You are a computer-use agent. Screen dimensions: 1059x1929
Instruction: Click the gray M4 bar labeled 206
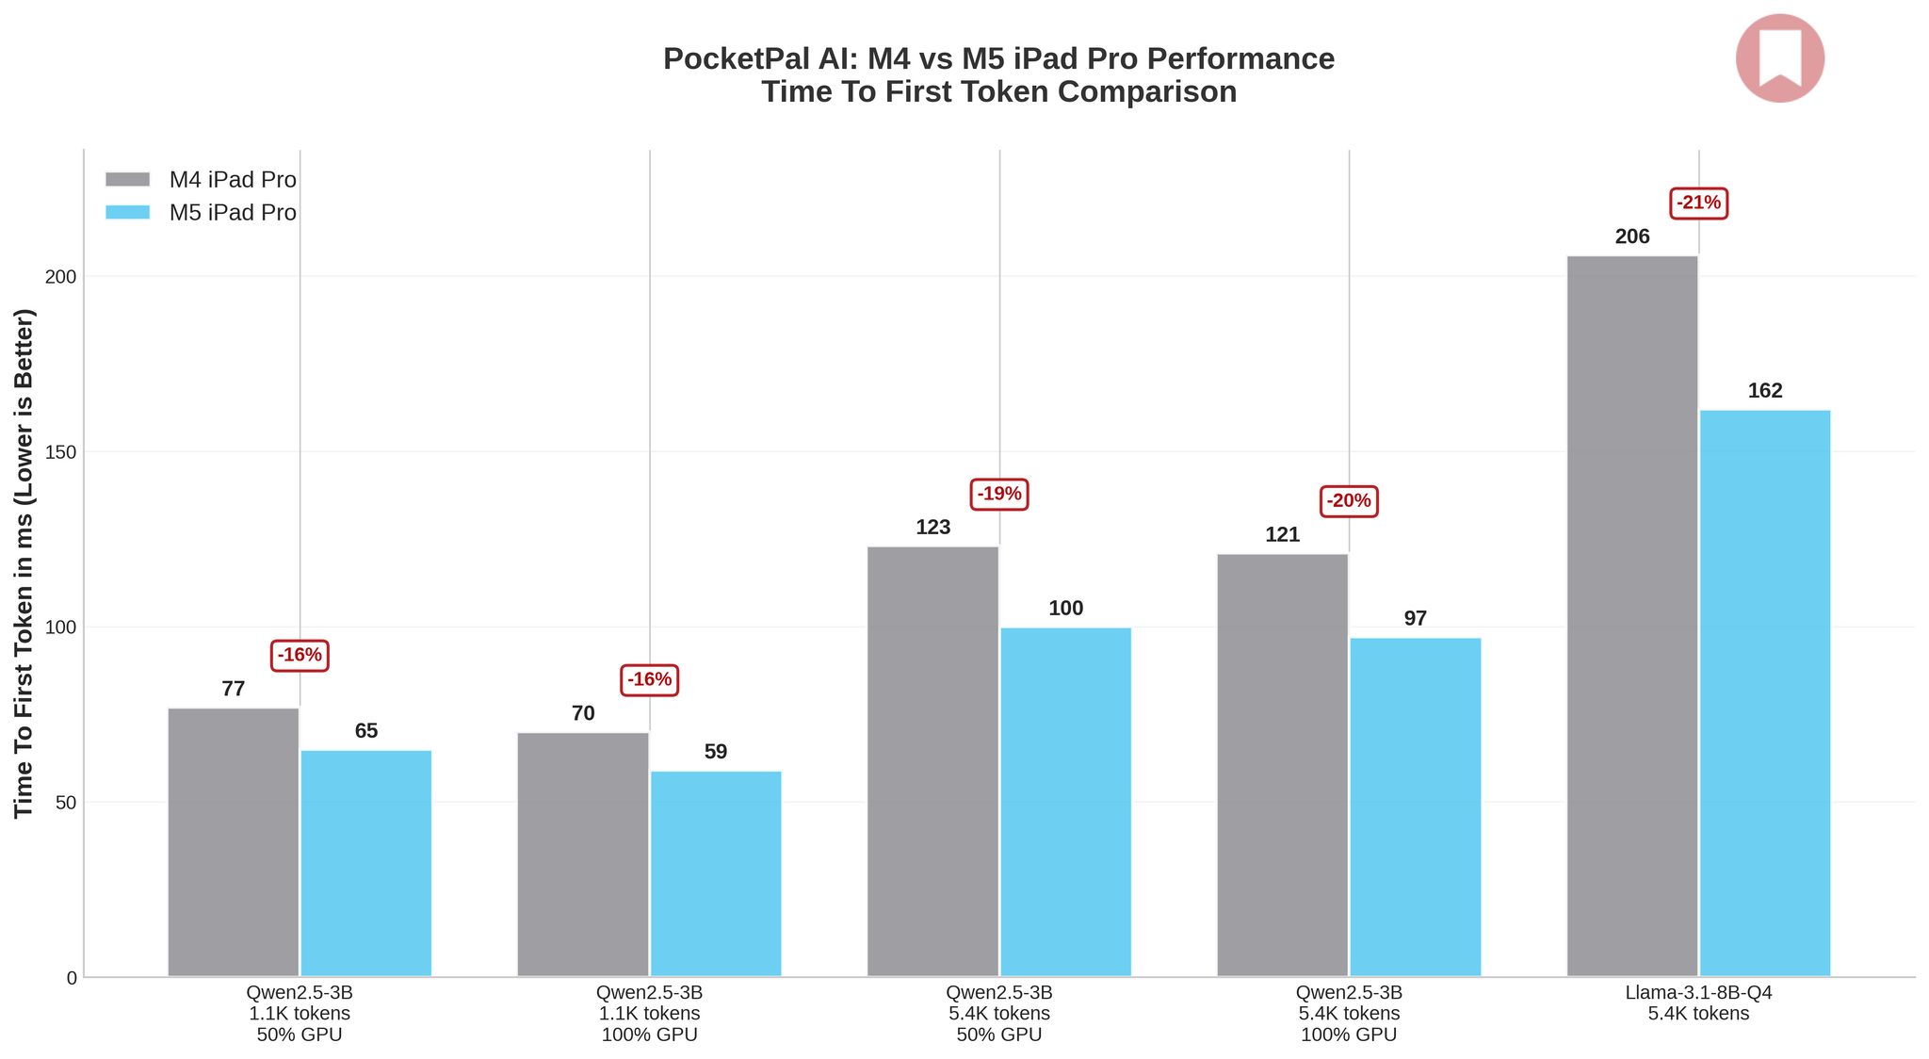1632,616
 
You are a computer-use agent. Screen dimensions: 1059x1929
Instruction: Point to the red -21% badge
1699,203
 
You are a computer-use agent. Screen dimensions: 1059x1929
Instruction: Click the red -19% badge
999,494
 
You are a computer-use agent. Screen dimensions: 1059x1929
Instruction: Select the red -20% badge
1349,501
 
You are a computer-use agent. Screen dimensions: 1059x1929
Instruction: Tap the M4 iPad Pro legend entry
201,180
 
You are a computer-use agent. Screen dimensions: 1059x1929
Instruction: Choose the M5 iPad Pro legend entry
201,213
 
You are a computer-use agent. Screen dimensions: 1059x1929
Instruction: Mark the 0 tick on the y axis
72,978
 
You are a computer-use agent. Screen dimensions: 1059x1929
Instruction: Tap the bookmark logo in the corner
1780,58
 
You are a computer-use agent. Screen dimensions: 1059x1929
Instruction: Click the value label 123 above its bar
933,528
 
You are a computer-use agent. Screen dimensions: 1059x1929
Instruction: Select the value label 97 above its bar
1416,619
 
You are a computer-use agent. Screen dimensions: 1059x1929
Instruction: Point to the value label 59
716,752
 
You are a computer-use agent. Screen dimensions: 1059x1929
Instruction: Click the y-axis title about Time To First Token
24,563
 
